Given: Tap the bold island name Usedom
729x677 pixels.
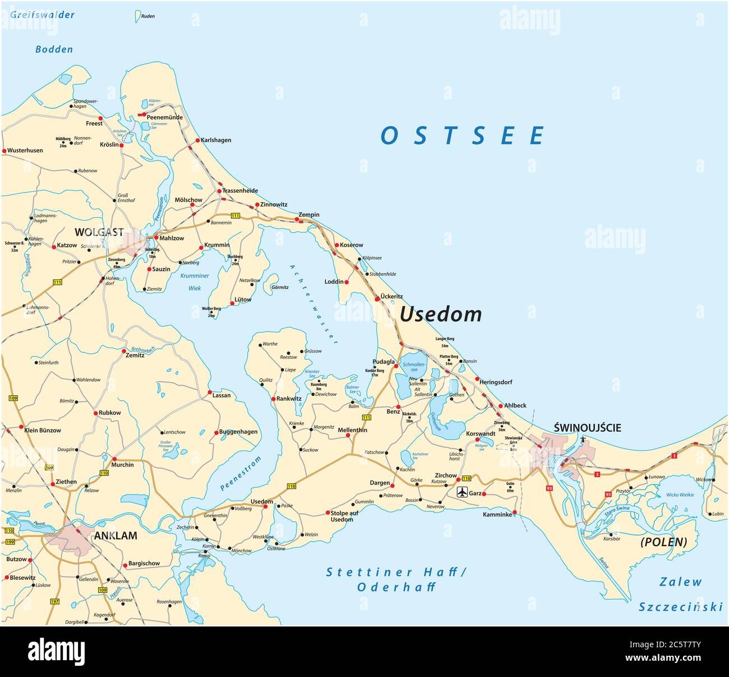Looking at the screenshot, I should [440, 314].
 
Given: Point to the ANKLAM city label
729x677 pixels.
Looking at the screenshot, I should [115, 536].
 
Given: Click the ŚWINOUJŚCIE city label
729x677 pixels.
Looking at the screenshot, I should [587, 428].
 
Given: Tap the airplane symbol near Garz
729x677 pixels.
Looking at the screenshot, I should [462, 493].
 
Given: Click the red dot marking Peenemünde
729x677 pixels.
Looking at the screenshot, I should [144, 115].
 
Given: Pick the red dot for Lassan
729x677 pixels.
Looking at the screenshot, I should [209, 392].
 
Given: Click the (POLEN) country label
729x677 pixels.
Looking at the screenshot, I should [663, 542].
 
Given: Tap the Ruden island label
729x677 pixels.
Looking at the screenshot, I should [147, 16].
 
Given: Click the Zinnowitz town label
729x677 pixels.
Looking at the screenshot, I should [274, 205].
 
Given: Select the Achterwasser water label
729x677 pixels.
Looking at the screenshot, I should [314, 303].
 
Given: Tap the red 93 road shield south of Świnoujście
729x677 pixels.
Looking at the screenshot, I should [548, 489].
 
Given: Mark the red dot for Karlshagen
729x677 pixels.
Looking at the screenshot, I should [197, 140].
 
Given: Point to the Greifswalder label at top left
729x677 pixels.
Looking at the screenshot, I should [42, 15].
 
